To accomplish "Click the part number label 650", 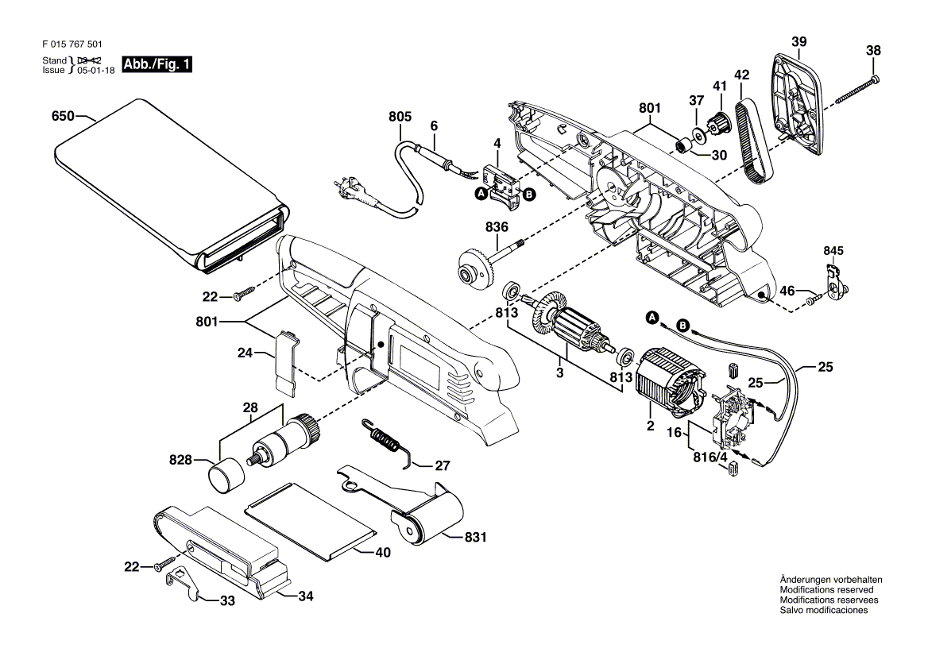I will (63, 116).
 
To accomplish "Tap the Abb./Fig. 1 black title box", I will (157, 64).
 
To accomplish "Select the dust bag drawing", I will (171, 183).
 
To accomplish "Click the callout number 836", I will (497, 227).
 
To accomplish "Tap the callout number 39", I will (798, 41).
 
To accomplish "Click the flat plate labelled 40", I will (311, 520).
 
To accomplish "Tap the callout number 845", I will (833, 251).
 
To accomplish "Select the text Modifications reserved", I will (826, 590).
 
